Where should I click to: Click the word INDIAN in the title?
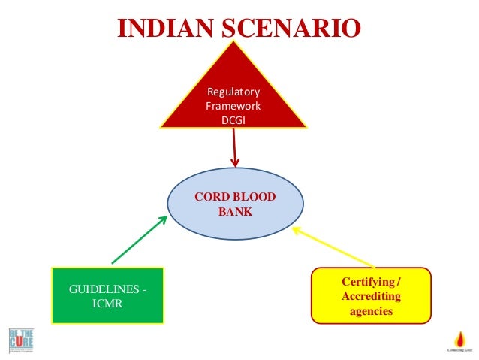pos(161,28)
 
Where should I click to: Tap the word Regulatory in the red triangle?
pos(233,92)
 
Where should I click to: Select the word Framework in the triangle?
pos(233,106)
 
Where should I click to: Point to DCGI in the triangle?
pos(233,119)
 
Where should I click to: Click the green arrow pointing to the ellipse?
pos(140,240)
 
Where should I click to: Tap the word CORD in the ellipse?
pos(210,198)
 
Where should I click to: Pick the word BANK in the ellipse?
pos(235,212)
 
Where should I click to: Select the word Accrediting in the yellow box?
pos(371,296)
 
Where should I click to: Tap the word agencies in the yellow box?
pos(371,310)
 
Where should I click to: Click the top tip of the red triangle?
pos(233,42)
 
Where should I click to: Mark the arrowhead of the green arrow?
pos(163,220)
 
